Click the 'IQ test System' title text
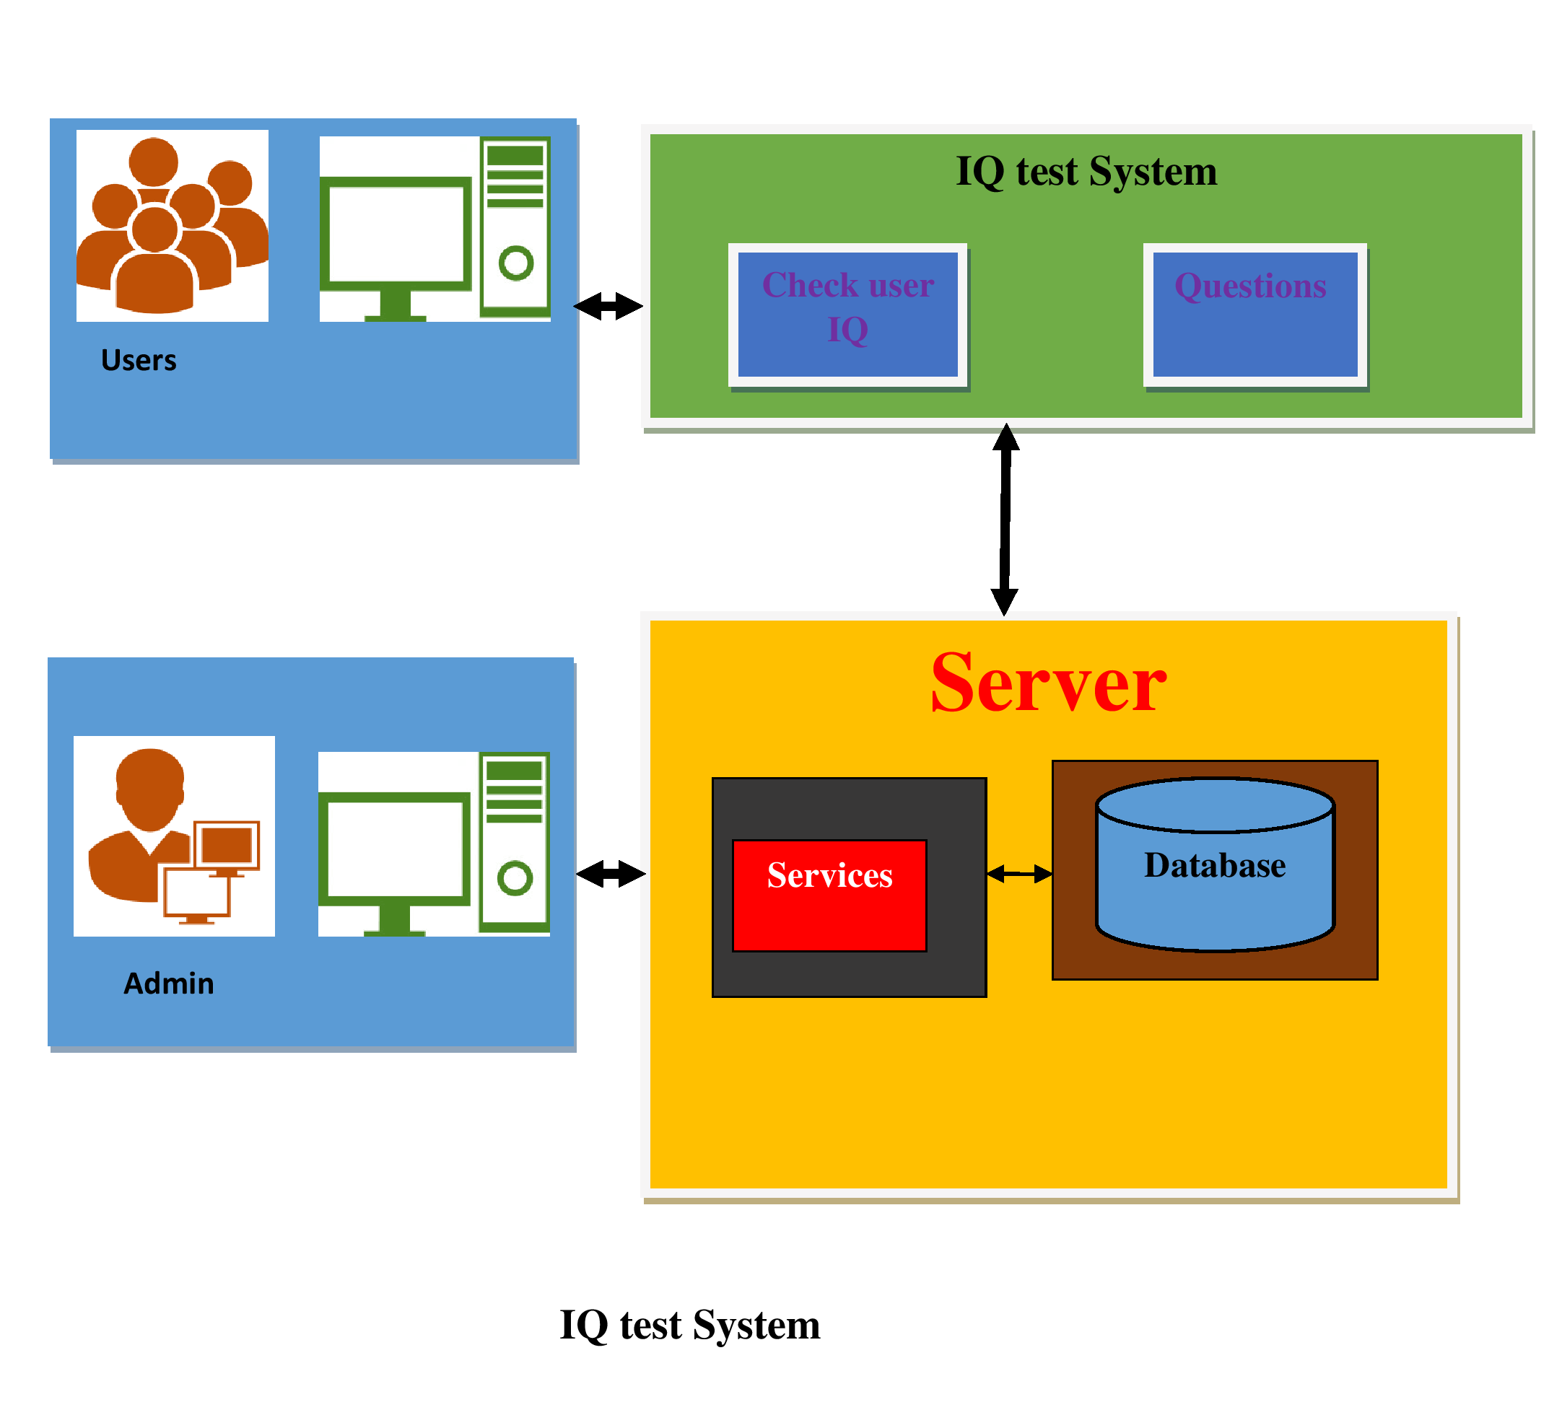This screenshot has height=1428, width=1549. (1086, 171)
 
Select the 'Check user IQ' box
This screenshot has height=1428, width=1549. (848, 315)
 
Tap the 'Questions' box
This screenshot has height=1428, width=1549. (1255, 315)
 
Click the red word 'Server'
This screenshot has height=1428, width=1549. (1048, 683)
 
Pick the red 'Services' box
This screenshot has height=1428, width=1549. (829, 895)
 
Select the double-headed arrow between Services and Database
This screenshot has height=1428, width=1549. (1019, 874)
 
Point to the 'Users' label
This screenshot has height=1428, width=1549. (139, 360)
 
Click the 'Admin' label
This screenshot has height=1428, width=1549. (168, 983)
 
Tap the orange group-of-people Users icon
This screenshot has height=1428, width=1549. (172, 226)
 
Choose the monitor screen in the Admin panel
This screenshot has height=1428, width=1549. (394, 849)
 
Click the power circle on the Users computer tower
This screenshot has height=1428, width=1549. (515, 263)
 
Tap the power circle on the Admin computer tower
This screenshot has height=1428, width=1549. (515, 879)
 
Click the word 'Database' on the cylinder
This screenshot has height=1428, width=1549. (1214, 864)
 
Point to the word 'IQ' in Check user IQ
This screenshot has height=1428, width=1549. (848, 330)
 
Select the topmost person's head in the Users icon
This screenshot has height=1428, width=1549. (154, 162)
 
